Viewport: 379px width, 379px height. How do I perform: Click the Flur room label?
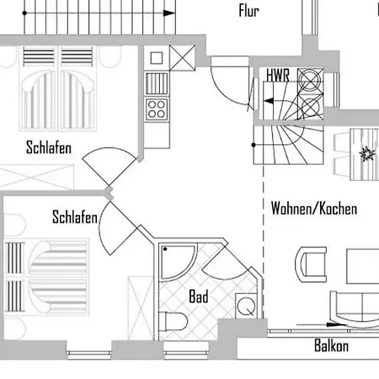(248, 11)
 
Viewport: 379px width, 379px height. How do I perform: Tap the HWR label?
(278, 75)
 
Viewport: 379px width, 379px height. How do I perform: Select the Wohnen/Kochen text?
(314, 208)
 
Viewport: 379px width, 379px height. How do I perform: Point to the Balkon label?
(331, 345)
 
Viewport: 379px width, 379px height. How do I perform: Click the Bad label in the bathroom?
(199, 296)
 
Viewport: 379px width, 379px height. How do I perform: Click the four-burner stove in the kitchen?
(157, 109)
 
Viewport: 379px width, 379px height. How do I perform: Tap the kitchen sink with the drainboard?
(157, 83)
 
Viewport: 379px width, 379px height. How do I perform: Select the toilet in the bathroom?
(173, 322)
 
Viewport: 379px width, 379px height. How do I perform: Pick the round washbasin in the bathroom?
(246, 306)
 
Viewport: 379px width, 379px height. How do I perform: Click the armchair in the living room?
(311, 264)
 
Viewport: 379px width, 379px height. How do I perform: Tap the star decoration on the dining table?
(366, 154)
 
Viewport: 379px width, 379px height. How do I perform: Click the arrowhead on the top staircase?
(169, 13)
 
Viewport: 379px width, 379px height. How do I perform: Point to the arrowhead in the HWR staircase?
(269, 101)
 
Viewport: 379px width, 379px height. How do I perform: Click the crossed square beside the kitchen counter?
(182, 58)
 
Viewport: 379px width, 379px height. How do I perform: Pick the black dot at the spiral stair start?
(254, 145)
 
